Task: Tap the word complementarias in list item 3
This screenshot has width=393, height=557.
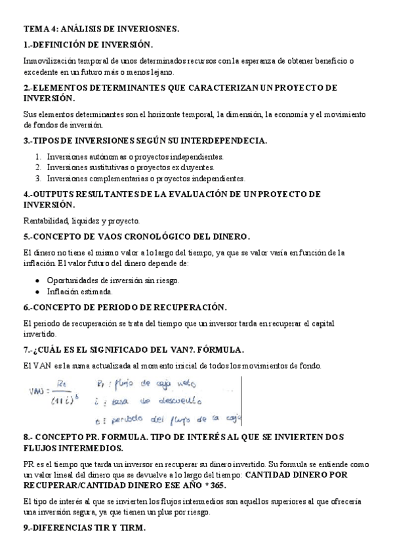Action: (117, 178)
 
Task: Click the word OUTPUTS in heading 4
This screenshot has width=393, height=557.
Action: (54, 194)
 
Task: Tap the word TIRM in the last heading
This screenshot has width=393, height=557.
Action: (129, 528)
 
